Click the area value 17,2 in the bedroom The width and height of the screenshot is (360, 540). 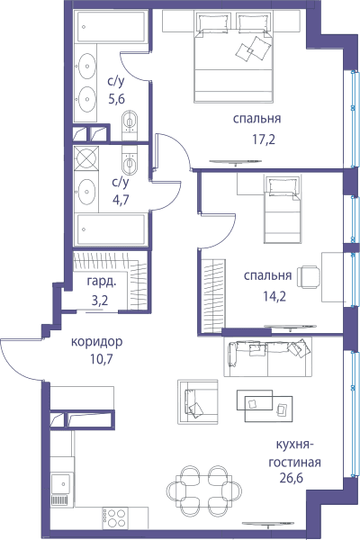(x=264, y=139)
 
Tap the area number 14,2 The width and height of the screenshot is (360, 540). (x=274, y=296)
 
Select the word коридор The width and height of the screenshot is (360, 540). (x=97, y=342)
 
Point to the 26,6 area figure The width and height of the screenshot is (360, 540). (x=292, y=478)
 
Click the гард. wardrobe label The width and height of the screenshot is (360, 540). (x=102, y=282)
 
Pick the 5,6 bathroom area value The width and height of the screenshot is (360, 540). (x=116, y=99)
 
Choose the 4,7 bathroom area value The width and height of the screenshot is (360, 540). (x=121, y=200)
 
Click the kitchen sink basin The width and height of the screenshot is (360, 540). (x=62, y=483)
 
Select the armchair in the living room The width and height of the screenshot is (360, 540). (x=197, y=402)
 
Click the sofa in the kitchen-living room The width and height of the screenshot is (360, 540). (x=267, y=356)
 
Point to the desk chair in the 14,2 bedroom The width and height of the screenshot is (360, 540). (x=309, y=277)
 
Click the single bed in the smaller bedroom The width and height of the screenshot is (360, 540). (x=282, y=209)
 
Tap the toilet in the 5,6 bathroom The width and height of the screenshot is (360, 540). (x=130, y=121)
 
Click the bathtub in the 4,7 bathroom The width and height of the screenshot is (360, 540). (x=112, y=229)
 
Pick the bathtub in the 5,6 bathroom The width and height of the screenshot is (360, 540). (x=112, y=26)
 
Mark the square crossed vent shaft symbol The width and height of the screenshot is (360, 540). (x=86, y=157)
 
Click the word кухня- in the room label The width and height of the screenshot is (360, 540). (x=294, y=445)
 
